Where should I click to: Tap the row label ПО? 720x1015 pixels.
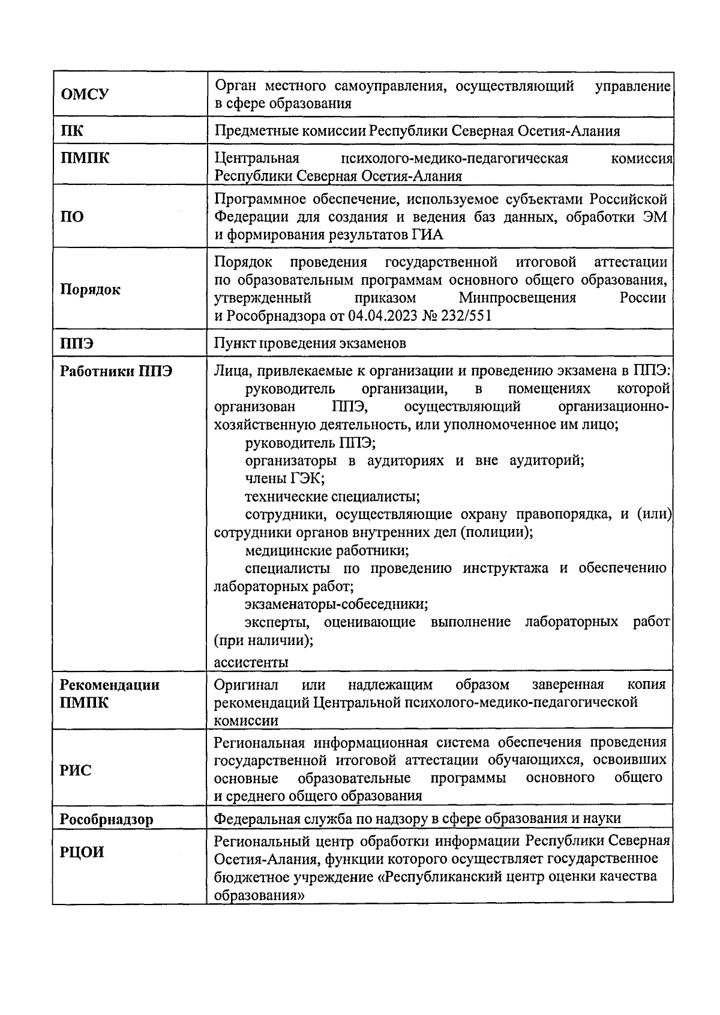72,217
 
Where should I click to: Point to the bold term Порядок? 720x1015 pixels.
90,289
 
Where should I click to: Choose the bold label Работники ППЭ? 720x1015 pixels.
116,371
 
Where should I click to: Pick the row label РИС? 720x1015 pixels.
76,770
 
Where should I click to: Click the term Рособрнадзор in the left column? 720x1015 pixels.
106,819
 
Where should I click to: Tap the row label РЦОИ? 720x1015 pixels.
82,852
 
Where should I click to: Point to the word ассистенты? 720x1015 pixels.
251,662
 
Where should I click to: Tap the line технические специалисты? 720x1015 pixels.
332,497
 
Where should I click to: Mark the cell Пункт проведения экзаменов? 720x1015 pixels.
310,343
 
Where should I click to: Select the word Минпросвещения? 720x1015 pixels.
517,298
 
